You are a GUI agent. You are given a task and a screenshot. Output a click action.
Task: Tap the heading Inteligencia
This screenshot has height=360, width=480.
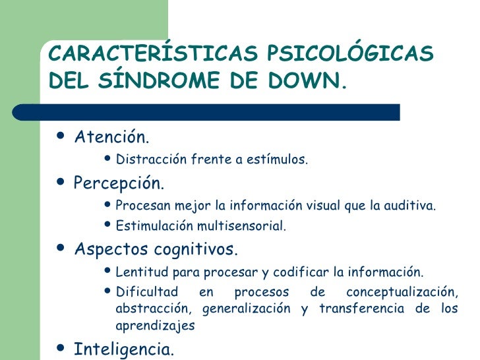[x=124, y=348]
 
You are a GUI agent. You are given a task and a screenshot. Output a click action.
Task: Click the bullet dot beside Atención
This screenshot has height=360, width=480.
[x=61, y=136]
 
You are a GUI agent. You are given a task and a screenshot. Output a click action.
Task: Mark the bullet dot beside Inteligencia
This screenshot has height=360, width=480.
[x=61, y=347]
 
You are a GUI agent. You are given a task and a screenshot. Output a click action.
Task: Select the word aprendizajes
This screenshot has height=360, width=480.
[x=154, y=326]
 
